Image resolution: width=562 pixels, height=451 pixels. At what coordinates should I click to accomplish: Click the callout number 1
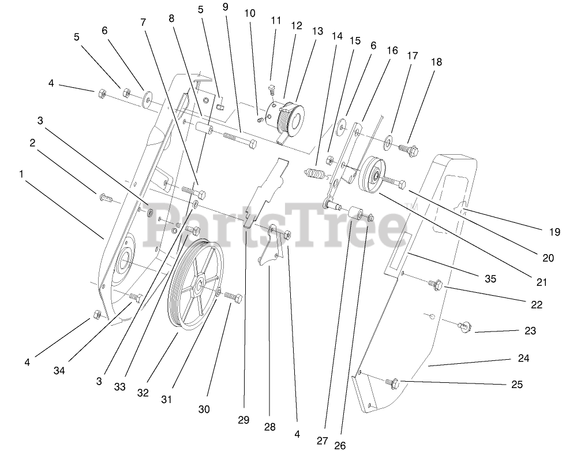[21, 174]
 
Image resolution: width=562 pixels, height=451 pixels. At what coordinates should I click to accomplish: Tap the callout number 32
[143, 393]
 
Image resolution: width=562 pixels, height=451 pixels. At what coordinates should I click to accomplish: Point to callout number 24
[523, 358]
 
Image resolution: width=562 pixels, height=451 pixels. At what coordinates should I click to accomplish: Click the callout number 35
[490, 279]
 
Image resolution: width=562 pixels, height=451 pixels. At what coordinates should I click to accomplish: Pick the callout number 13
[318, 32]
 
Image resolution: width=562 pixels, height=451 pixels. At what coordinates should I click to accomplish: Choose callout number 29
[243, 420]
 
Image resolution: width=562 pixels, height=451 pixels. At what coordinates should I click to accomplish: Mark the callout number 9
[224, 8]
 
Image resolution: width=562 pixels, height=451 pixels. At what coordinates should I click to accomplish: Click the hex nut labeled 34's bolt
[136, 298]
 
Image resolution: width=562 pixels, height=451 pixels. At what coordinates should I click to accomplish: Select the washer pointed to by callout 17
[387, 139]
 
